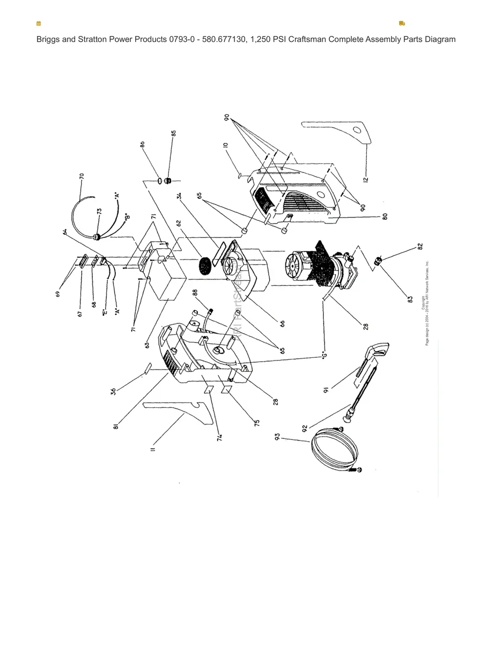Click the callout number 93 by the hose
(x=278, y=438)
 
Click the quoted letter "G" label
(x=324, y=355)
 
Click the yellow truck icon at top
(x=402, y=24)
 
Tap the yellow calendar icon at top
(x=39, y=24)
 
